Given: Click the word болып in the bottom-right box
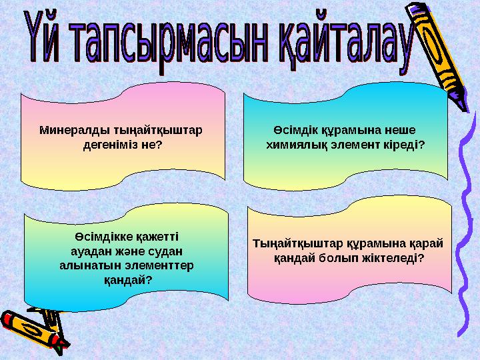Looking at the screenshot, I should tap(342, 257).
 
